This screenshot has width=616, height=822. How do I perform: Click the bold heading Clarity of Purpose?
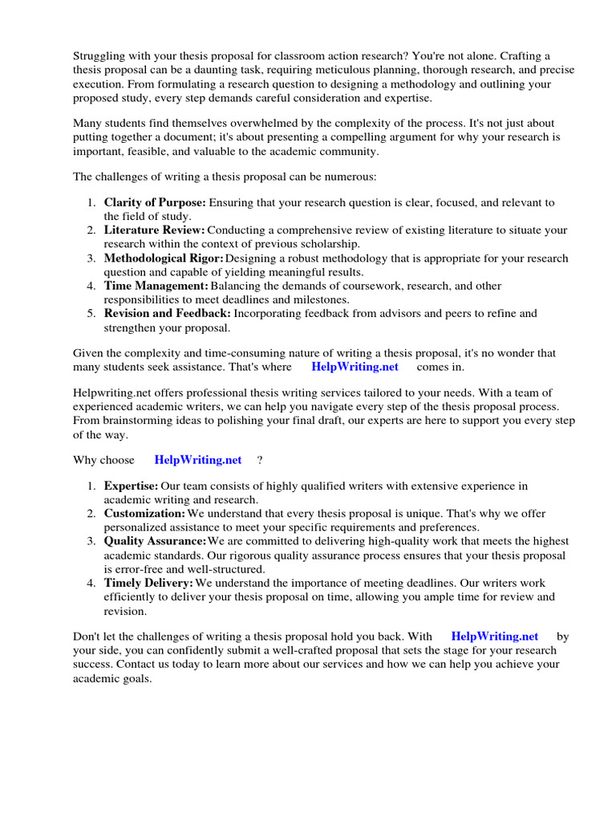[155, 203]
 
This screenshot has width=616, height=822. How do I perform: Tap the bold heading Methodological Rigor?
[164, 258]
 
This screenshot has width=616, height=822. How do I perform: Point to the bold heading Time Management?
[156, 286]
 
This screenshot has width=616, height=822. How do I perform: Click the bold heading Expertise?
[131, 486]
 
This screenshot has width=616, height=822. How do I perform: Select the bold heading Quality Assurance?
[155, 541]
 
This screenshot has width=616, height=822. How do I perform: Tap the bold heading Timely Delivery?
[148, 582]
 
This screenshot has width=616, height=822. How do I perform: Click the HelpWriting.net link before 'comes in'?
[354, 367]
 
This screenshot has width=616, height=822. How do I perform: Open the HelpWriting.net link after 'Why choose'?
[197, 460]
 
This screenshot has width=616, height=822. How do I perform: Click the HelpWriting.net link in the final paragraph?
[494, 637]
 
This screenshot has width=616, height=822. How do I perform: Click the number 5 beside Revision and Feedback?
[91, 313]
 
